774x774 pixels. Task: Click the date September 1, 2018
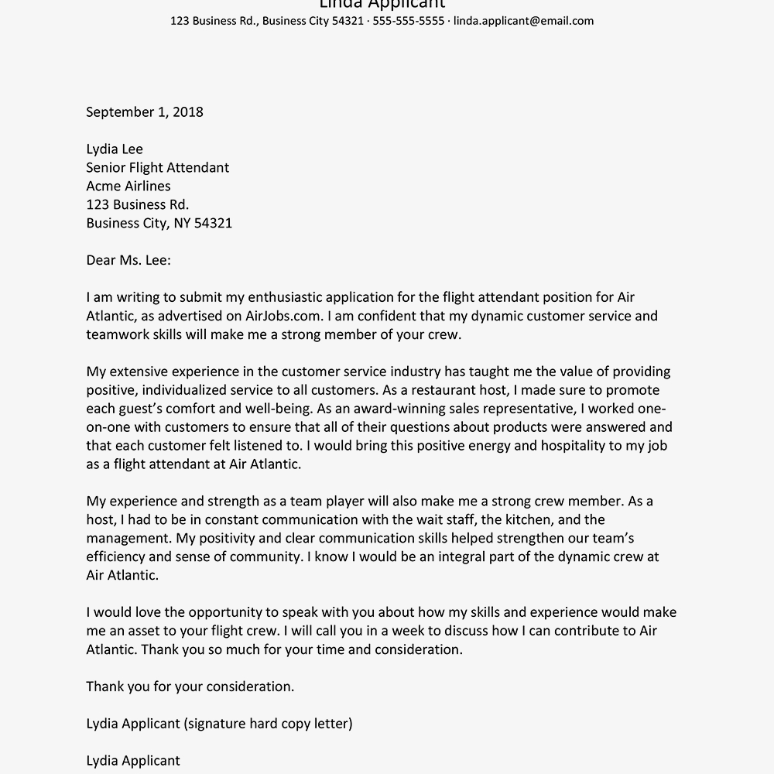pyautogui.click(x=145, y=111)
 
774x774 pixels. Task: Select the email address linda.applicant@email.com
pyautogui.click(x=523, y=21)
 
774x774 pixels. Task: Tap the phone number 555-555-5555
pyautogui.click(x=409, y=21)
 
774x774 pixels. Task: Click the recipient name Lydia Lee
pyautogui.click(x=115, y=149)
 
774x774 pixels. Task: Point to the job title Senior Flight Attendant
pyautogui.click(x=158, y=167)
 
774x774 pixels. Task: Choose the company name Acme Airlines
pyautogui.click(x=128, y=186)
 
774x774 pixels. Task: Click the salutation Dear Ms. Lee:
pyautogui.click(x=128, y=260)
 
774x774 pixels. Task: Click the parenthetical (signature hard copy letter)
pyautogui.click(x=269, y=724)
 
